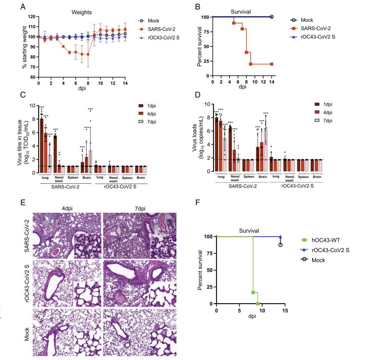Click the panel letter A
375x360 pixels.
[23, 6]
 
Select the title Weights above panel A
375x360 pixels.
[82, 12]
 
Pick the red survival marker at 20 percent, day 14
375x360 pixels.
[272, 64]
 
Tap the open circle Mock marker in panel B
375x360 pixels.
[272, 17]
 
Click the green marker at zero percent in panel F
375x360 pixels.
[258, 303]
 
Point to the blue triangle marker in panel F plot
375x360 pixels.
[280, 237]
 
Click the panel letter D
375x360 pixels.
[198, 95]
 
